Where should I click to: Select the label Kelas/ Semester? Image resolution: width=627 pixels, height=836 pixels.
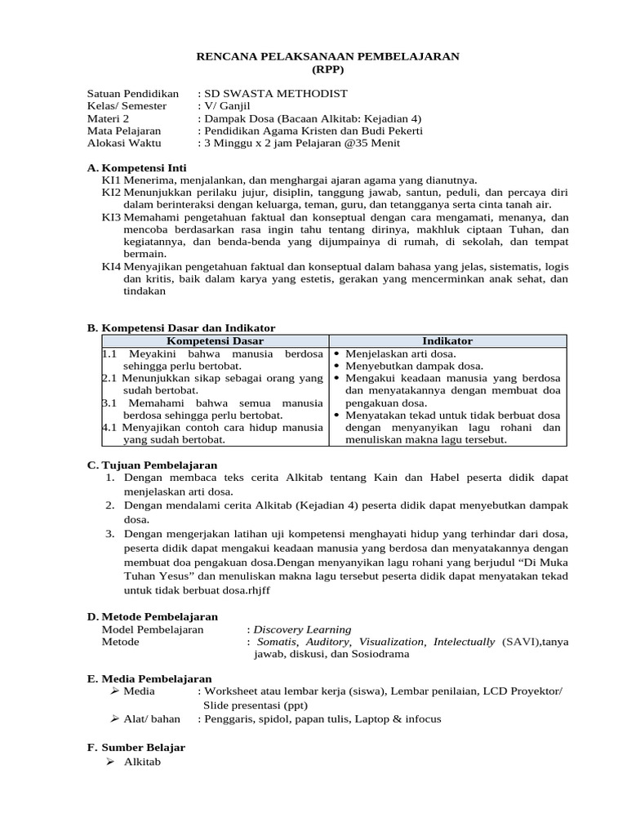pyautogui.click(x=127, y=106)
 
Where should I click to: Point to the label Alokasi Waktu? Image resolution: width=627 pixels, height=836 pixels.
pyautogui.click(x=124, y=143)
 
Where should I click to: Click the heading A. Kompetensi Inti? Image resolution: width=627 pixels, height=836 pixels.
pyautogui.click(x=136, y=167)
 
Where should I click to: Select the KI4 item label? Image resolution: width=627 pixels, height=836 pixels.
pyautogui.click(x=111, y=267)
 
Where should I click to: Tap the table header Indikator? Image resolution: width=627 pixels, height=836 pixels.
pyautogui.click(x=447, y=341)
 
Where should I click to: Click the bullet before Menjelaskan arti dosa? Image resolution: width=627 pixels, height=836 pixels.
pyautogui.click(x=336, y=354)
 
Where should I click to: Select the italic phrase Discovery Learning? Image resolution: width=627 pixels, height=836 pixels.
pyautogui.click(x=302, y=629)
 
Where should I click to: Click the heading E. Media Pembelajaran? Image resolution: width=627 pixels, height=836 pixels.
pyautogui.click(x=149, y=679)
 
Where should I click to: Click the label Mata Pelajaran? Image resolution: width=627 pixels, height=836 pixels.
pyautogui.click(x=124, y=131)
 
